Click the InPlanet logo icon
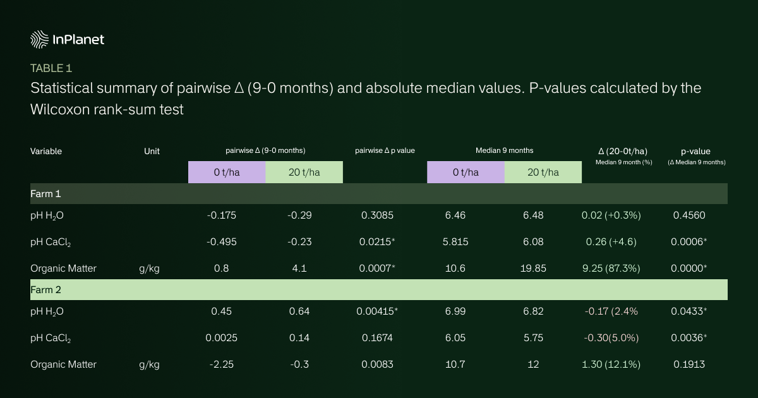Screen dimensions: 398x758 pyautogui.click(x=40, y=39)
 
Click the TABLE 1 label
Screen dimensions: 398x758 pyautogui.click(x=56, y=68)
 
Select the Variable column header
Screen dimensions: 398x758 pyautogui.click(x=46, y=151)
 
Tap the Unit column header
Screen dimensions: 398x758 pyautogui.click(x=152, y=151)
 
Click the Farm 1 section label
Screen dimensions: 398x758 pyautogui.click(x=45, y=193)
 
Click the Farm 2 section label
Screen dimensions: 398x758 pyautogui.click(x=45, y=289)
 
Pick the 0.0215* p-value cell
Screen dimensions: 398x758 pyautogui.click(x=378, y=242)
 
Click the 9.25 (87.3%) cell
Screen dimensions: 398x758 pyautogui.click(x=611, y=268)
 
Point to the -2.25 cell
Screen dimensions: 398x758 pyautogui.click(x=221, y=364)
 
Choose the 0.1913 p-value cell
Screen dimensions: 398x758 pyautogui.click(x=688, y=364)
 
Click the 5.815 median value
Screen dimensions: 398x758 pyautogui.click(x=455, y=242)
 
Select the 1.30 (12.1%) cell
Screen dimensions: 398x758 pyautogui.click(x=611, y=364)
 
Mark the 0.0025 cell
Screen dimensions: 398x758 pyautogui.click(x=221, y=338)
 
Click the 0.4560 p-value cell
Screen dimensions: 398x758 pyautogui.click(x=688, y=215)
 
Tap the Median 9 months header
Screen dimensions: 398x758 pyautogui.click(x=504, y=150)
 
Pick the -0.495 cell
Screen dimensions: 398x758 pyautogui.click(x=221, y=242)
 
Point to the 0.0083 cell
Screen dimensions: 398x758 pyautogui.click(x=377, y=364)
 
